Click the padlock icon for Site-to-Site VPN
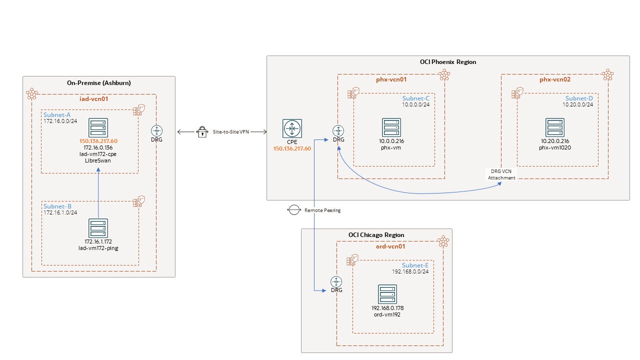point(202,132)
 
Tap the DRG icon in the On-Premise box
point(156,130)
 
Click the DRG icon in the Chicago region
point(336,281)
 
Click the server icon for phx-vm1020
point(554,127)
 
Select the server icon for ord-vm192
point(388,294)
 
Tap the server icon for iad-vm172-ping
point(98,228)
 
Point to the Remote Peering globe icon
point(293,210)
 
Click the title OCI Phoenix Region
point(448,62)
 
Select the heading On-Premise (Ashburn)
point(98,82)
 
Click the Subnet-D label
point(579,98)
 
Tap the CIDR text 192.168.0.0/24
point(410,271)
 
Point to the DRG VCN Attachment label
point(501,174)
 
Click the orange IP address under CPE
point(292,148)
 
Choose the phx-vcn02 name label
point(554,79)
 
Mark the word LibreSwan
point(98,160)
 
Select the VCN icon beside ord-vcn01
point(443,242)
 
